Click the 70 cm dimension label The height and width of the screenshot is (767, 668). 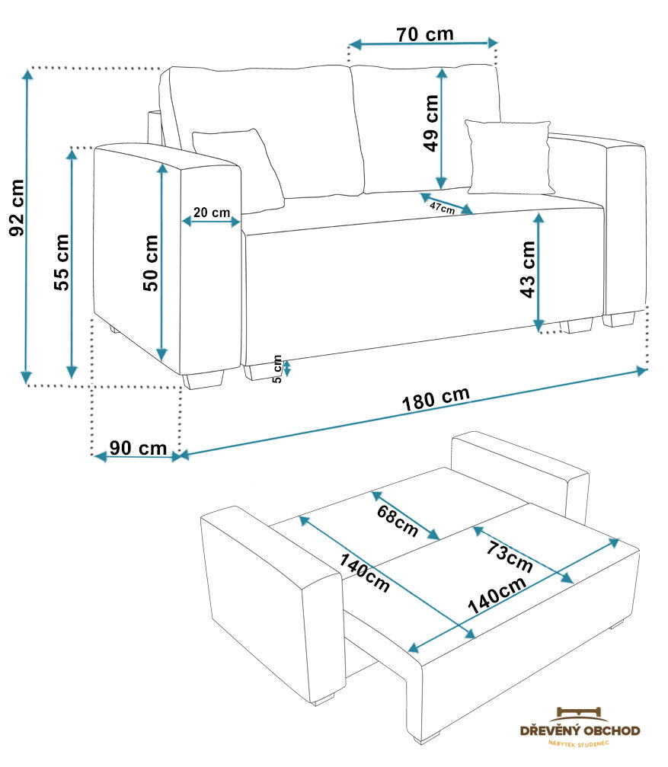(424, 34)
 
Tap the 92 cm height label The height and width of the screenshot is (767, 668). (17, 207)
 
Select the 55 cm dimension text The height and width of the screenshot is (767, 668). (62, 262)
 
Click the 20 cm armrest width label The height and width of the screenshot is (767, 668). (211, 213)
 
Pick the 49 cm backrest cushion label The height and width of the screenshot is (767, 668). (431, 123)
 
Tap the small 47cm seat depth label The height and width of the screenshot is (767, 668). (442, 207)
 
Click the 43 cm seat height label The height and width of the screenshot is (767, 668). (526, 269)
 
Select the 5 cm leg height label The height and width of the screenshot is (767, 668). (277, 369)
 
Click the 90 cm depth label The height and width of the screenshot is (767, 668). (137, 448)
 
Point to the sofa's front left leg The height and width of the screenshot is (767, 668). (203, 380)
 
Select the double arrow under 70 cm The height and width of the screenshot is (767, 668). (423, 45)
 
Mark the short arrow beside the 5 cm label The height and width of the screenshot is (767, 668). (287, 369)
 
